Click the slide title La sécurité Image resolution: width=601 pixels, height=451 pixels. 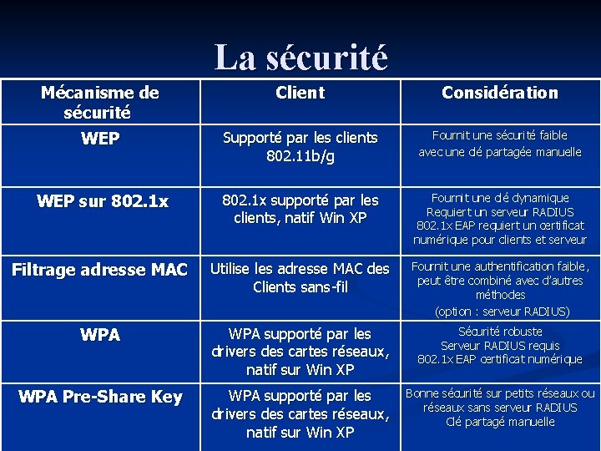(x=300, y=58)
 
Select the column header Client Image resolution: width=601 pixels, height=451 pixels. (x=300, y=93)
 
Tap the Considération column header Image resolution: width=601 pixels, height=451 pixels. (x=499, y=93)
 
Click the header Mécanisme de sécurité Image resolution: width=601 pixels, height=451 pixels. (x=100, y=102)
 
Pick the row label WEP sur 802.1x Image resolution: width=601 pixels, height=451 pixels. (x=103, y=201)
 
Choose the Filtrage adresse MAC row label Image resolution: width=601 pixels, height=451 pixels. (x=100, y=270)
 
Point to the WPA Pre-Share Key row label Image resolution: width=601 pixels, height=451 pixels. (x=100, y=397)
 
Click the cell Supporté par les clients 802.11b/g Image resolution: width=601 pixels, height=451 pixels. (x=300, y=146)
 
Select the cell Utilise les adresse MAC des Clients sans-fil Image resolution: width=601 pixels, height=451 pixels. (x=300, y=277)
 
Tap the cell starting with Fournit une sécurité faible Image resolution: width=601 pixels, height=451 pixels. (x=499, y=143)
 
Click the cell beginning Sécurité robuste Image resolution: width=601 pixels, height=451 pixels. (x=499, y=345)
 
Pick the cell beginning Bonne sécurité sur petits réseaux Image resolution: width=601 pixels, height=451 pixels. (x=499, y=408)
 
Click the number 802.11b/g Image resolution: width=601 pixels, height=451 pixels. (x=300, y=156)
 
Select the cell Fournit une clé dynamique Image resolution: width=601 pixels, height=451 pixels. (x=499, y=219)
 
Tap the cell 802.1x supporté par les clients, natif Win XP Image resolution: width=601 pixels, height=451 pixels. (x=300, y=210)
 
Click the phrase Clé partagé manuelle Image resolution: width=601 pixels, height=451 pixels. (x=499, y=422)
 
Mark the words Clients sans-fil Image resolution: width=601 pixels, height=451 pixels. (x=300, y=287)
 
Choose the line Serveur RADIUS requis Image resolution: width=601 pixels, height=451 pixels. (x=499, y=345)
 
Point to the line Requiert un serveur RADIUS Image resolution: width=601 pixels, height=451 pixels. (x=499, y=212)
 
